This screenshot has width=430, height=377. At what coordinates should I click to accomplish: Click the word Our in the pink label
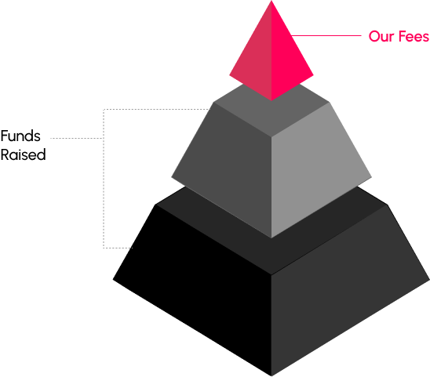pyautogui.click(x=381, y=36)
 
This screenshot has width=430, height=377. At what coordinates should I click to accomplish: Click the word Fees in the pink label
pyautogui.click(x=414, y=36)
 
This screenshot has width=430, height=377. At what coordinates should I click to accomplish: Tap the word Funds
pyautogui.click(x=20, y=136)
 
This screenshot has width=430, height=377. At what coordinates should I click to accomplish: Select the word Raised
pyautogui.click(x=23, y=154)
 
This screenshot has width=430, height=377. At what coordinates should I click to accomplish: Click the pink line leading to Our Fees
pyautogui.click(x=326, y=35)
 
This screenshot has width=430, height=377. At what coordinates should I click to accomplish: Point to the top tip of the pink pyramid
pyautogui.click(x=271, y=1)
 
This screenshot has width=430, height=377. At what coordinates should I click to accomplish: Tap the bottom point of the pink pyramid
pyautogui.click(x=271, y=100)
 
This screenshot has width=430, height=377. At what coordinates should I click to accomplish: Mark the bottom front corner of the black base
pyautogui.click(x=271, y=376)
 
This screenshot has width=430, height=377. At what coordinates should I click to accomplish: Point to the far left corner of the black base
pyautogui.click(x=113, y=280)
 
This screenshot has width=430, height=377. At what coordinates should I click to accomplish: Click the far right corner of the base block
pyautogui.click(x=429, y=280)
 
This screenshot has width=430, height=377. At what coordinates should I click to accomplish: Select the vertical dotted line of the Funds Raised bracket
pyautogui.click(x=104, y=179)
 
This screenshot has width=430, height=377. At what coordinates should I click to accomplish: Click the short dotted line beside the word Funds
pyautogui.click(x=77, y=139)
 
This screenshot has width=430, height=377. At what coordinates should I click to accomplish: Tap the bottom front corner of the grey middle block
pyautogui.click(x=271, y=237)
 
